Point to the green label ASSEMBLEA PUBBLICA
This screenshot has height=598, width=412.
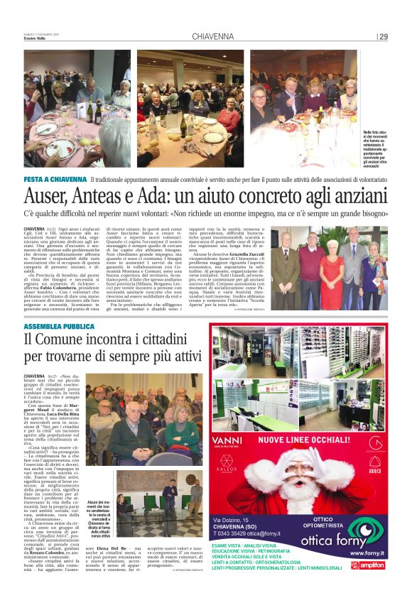pos(58,326)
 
